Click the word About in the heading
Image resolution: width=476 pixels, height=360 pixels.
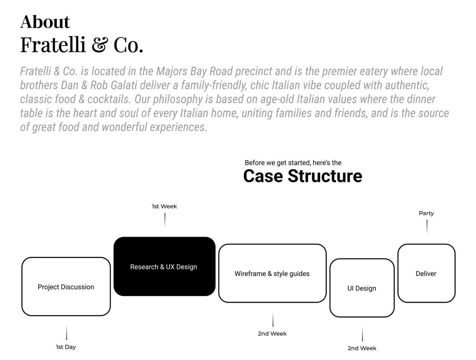45,22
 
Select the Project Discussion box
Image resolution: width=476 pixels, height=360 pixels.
66,286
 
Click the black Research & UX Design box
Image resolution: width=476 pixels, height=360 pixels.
164,266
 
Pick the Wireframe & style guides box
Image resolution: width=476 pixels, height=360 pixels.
272,273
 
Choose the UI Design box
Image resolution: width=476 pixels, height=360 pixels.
362,288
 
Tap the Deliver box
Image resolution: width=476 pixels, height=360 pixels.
426,273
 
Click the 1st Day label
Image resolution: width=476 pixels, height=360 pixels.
66,347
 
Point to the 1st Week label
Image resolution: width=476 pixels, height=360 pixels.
164,206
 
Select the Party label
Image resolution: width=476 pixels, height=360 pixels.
426,213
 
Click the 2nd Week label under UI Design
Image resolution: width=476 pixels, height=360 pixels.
362,348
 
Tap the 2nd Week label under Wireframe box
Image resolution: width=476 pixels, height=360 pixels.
272,334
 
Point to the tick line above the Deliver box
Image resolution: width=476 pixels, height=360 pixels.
427,227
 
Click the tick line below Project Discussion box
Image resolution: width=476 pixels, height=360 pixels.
66,333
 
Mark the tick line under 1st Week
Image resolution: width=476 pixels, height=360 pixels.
165,220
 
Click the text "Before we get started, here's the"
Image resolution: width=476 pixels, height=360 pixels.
293,163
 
